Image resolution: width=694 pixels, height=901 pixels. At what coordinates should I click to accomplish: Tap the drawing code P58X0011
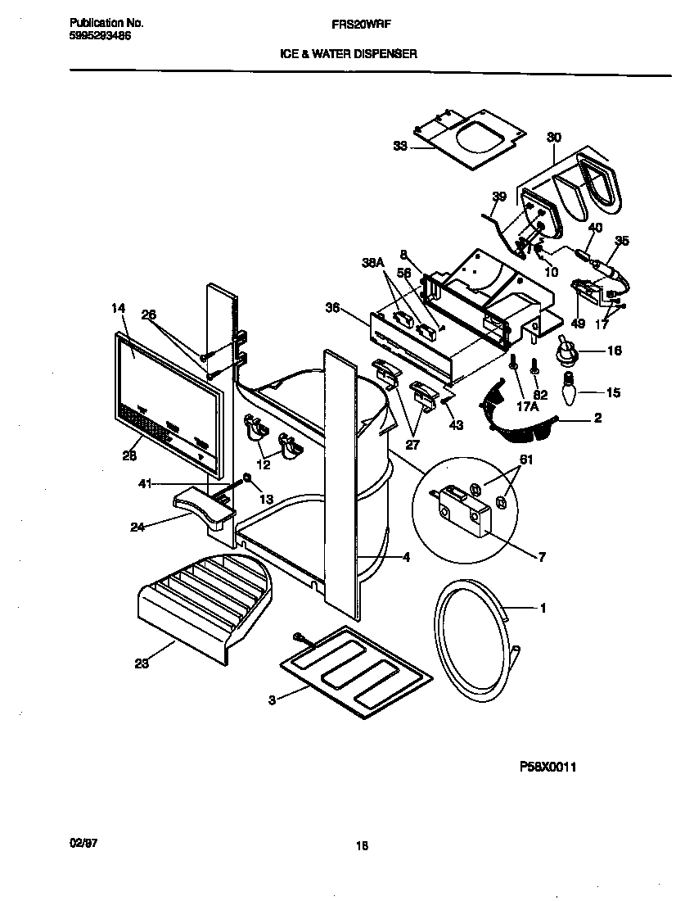point(554,767)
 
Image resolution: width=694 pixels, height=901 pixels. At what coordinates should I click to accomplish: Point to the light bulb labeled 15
point(567,392)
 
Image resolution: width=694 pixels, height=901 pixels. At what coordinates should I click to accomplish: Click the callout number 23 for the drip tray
point(142,664)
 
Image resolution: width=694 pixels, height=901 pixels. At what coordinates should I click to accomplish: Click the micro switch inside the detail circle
point(466,514)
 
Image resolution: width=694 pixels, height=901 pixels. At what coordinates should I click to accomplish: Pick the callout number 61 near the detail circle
point(526,460)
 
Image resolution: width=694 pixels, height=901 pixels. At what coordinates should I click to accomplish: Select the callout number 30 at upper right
point(554,137)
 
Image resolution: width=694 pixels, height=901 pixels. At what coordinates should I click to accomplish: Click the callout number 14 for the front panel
point(119,308)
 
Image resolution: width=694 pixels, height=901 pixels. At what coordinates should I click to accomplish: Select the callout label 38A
point(373,263)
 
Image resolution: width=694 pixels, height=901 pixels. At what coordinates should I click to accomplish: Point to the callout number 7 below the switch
point(541,558)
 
